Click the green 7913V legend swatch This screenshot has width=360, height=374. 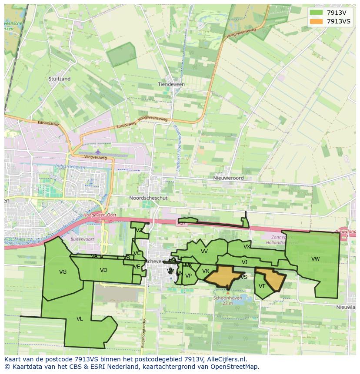click(316, 13)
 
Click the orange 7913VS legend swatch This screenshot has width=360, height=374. click(316, 21)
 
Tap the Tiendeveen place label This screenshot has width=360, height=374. click(171, 84)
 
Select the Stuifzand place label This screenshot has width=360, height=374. click(60, 79)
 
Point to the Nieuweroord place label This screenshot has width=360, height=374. click(228, 178)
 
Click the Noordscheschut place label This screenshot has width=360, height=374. click(148, 198)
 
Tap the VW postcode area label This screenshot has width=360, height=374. click(315, 259)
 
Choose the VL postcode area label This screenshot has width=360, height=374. click(80, 319)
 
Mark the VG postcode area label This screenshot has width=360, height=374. click(63, 272)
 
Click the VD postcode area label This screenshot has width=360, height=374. click(103, 270)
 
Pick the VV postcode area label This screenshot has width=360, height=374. click(204, 251)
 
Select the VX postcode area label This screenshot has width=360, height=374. click(247, 247)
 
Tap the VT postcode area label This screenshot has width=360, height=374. click(262, 286)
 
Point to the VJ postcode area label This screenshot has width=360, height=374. click(244, 262)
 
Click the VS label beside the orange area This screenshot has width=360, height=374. click(244, 277)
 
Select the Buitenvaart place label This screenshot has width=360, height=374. click(83, 239)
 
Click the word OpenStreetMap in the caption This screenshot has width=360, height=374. click(235, 367)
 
